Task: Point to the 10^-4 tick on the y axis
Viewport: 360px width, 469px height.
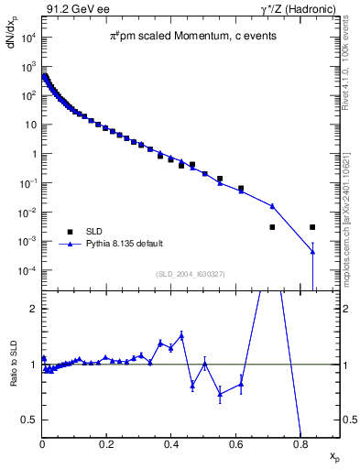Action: pyautogui.click(x=28, y=270)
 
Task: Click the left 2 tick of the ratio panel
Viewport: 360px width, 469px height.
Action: pyautogui.click(x=34, y=309)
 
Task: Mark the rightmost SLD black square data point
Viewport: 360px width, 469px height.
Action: pyautogui.click(x=312, y=226)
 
